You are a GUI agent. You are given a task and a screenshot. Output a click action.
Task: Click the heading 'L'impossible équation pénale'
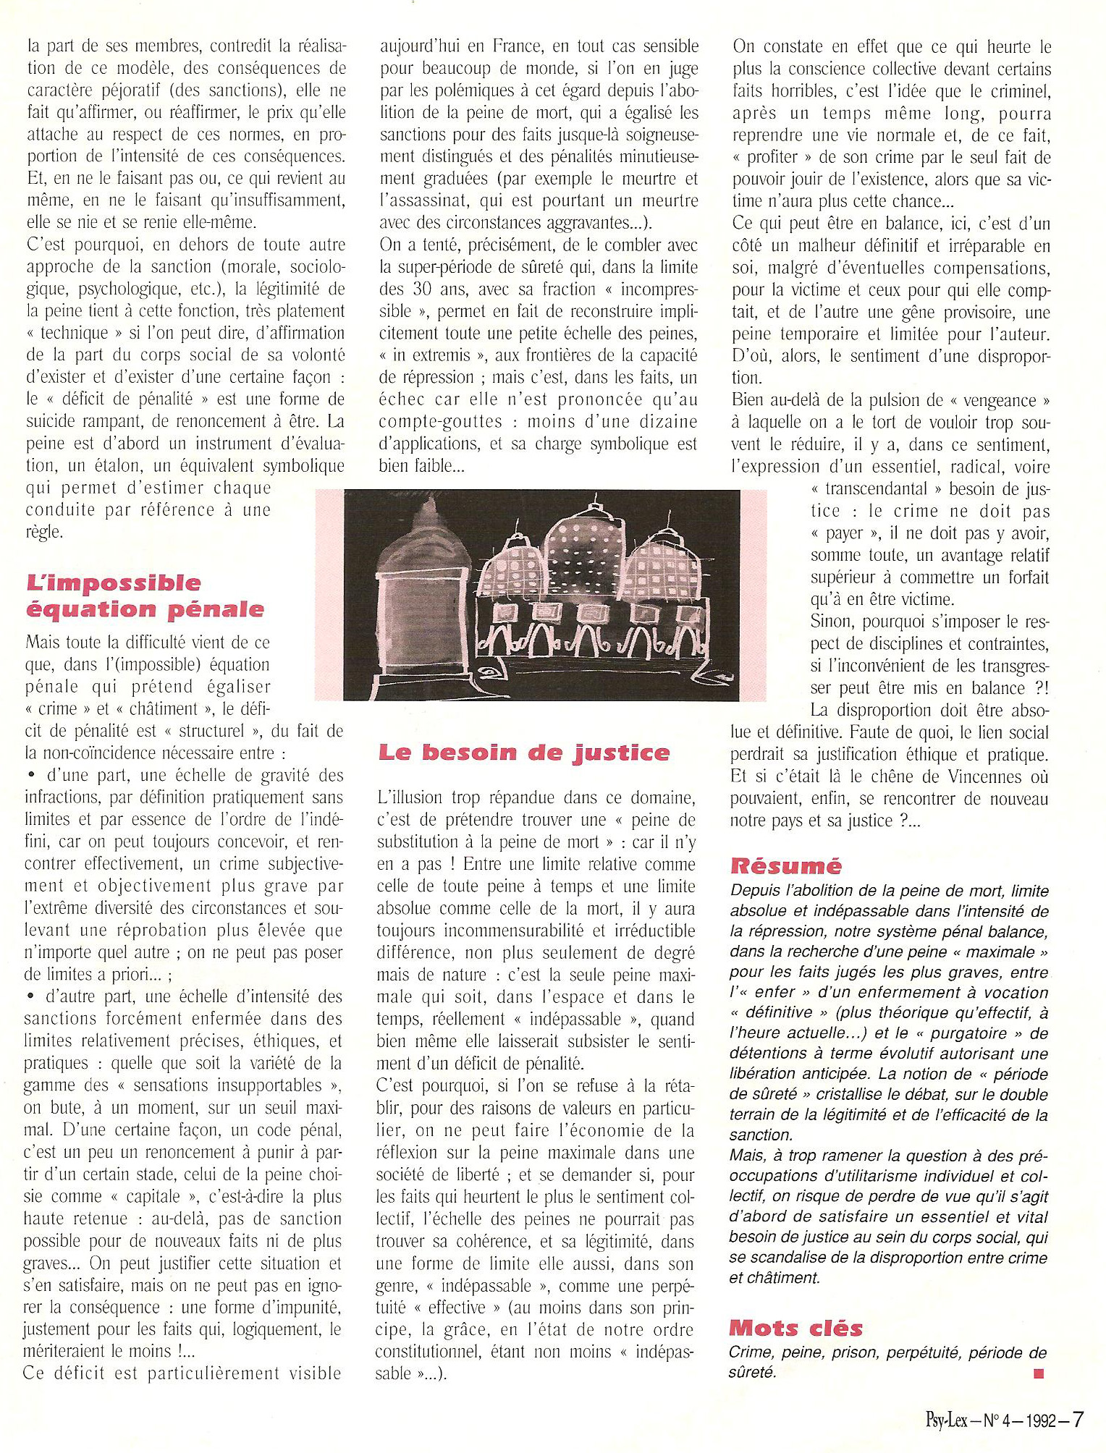tap(145, 596)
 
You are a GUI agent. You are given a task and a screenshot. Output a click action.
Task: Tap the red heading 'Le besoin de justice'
tap(523, 753)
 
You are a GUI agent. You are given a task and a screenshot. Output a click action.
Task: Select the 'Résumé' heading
tap(785, 865)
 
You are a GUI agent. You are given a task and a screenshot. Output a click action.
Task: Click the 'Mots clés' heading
tap(795, 1328)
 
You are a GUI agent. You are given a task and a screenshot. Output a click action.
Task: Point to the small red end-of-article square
tap(1039, 1373)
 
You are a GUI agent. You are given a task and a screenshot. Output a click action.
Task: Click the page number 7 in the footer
tap(1077, 1418)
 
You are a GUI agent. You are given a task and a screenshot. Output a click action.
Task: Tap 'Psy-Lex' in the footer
tap(946, 1420)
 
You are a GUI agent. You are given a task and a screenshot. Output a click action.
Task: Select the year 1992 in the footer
tap(1040, 1420)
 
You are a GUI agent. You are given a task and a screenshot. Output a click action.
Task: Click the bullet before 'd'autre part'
tap(30, 996)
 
